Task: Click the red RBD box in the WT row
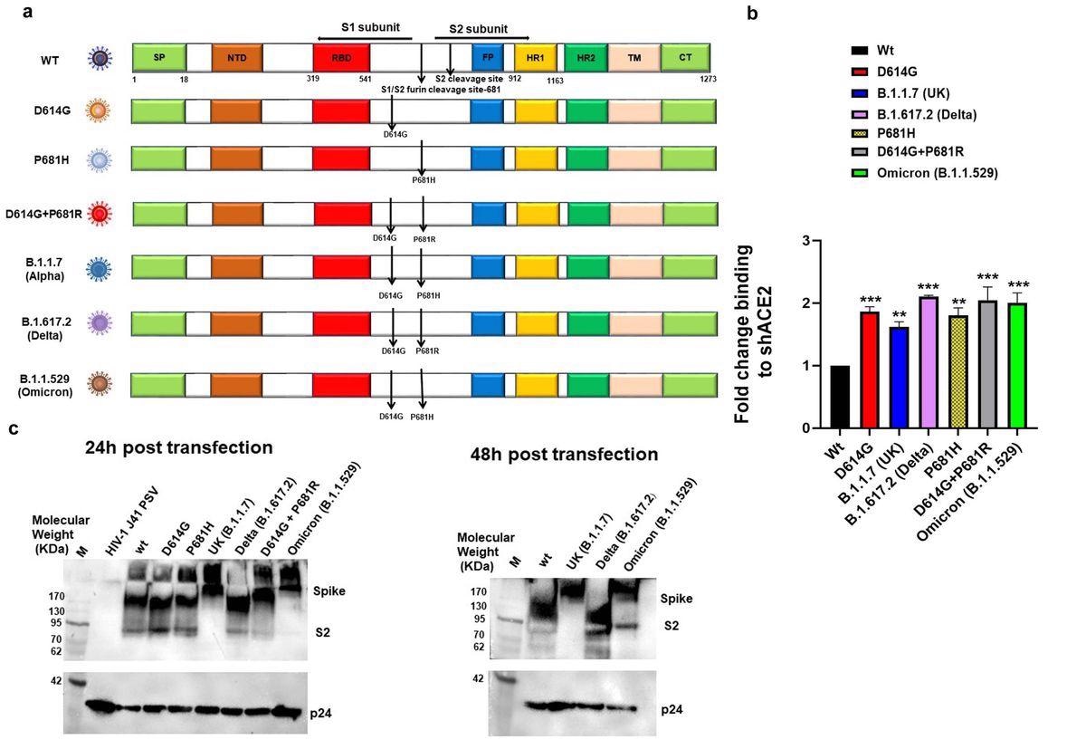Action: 341,57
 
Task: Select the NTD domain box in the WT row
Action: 236,57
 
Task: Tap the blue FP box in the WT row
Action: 488,57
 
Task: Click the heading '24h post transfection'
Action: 178,447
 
